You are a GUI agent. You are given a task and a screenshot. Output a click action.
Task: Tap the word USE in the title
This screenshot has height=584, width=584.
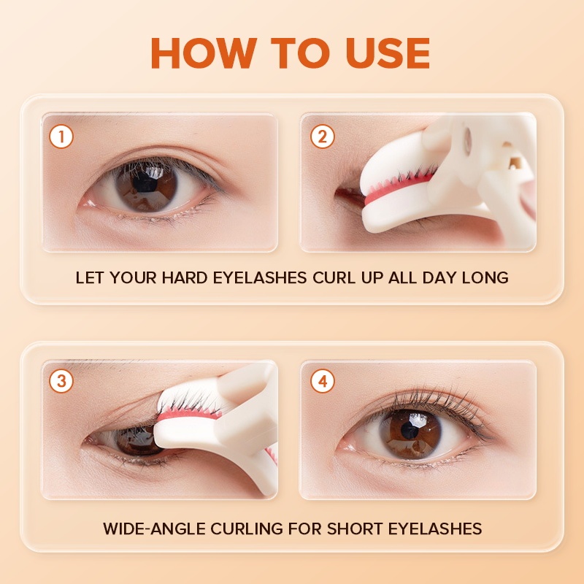tap(388, 53)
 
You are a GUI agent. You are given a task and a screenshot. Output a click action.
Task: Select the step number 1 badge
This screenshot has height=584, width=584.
tap(61, 137)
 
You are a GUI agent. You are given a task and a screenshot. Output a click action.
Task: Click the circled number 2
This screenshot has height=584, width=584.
tap(322, 137)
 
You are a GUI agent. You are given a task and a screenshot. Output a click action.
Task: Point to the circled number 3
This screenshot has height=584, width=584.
tap(61, 381)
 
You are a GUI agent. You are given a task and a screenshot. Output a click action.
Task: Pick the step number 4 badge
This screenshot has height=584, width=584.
tap(323, 381)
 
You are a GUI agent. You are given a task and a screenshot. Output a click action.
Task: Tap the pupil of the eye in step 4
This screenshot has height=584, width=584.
tap(410, 430)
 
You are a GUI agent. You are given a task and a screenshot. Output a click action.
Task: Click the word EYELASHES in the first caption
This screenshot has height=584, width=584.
tap(260, 278)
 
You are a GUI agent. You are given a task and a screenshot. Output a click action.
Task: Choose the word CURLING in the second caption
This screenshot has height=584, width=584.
tap(247, 529)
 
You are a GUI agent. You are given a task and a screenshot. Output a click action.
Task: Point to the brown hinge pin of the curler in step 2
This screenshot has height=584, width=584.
tap(516, 162)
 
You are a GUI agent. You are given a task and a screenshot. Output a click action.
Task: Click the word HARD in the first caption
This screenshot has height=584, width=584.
tap(185, 278)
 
